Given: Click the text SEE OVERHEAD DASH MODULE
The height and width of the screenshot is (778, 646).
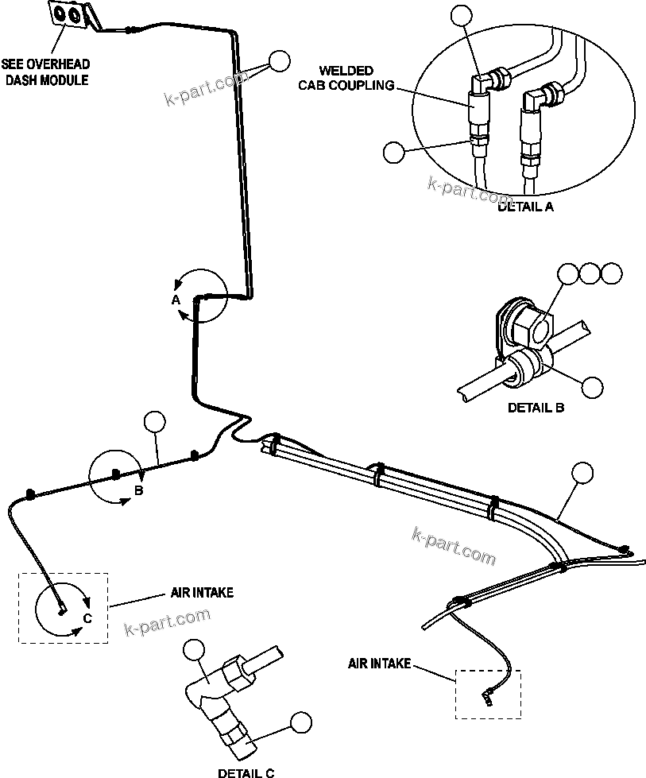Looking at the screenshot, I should (x=45, y=72).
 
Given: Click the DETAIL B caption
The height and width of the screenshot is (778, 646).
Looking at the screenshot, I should (x=536, y=408).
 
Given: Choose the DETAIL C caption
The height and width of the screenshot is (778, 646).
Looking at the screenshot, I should (x=247, y=771).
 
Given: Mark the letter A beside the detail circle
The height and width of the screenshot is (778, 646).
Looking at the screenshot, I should (x=176, y=300).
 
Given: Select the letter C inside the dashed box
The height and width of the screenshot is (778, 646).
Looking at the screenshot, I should (x=88, y=617).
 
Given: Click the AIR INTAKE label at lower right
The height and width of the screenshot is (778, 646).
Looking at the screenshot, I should (x=379, y=663).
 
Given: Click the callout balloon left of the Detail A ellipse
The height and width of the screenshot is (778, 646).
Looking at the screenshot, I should (x=393, y=152).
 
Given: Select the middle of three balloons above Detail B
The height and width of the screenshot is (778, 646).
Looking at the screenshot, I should (x=590, y=274).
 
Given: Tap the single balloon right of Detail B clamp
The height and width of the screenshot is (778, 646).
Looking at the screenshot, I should (x=592, y=386).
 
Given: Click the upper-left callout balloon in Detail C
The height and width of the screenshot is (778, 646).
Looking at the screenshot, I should (x=193, y=651).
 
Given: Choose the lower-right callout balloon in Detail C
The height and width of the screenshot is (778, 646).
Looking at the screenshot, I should (x=300, y=722).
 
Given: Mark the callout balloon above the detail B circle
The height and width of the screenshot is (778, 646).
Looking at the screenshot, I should (x=154, y=422).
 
